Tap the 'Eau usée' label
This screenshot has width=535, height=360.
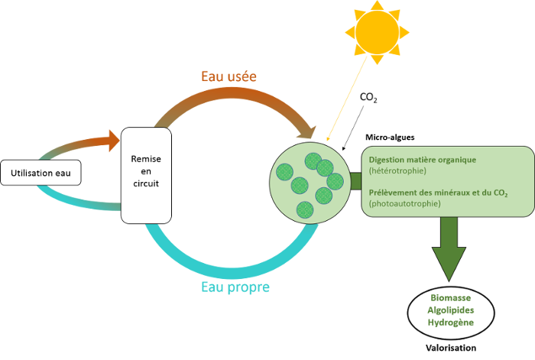coord(229,76)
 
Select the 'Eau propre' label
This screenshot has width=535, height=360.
coord(235,287)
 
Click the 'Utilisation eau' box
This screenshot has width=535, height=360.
coord(41,174)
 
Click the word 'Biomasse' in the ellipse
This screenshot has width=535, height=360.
coord(450,297)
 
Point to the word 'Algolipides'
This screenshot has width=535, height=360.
coord(450,310)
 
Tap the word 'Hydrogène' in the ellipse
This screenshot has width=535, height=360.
coord(450,323)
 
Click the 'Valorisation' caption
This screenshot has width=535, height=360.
coord(450,347)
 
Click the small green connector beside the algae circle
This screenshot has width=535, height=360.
coord(355,181)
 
